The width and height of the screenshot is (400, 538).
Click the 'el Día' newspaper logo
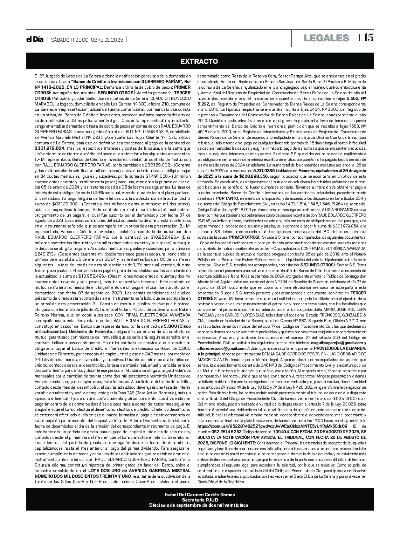click(35, 40)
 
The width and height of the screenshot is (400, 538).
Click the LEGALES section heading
click(326, 38)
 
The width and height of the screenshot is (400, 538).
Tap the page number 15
click(368, 38)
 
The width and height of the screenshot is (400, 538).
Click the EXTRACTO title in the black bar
click(199, 61)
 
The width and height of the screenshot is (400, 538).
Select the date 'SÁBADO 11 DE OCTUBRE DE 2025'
click(87, 40)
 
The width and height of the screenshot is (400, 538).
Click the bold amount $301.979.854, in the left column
click(50, 148)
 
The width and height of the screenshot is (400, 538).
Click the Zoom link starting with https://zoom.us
click(273, 426)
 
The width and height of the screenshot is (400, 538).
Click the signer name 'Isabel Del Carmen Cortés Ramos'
click(200, 495)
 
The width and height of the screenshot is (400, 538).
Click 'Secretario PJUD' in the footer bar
click(200, 500)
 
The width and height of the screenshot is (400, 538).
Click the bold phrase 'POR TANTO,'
click(227, 198)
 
